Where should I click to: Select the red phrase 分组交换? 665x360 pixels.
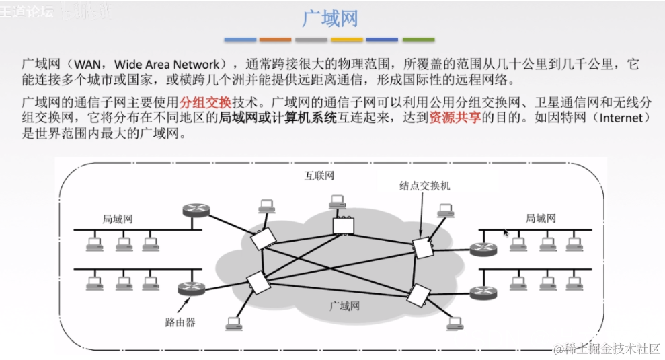[202, 102]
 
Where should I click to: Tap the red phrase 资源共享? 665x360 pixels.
[451, 118]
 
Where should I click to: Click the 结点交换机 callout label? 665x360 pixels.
[424, 184]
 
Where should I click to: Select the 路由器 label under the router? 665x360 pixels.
[180, 322]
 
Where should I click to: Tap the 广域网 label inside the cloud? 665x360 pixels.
[345, 306]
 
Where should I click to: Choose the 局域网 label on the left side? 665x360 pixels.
[117, 219]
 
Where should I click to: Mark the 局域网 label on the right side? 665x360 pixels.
[540, 218]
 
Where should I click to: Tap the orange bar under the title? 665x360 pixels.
[275, 40]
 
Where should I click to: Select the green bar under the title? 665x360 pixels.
[418, 40]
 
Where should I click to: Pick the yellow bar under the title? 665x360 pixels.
[347, 40]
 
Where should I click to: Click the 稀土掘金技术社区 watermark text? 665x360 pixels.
[608, 348]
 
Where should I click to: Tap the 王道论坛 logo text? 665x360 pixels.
[27, 11]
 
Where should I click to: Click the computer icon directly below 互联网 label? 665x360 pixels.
[338, 201]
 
